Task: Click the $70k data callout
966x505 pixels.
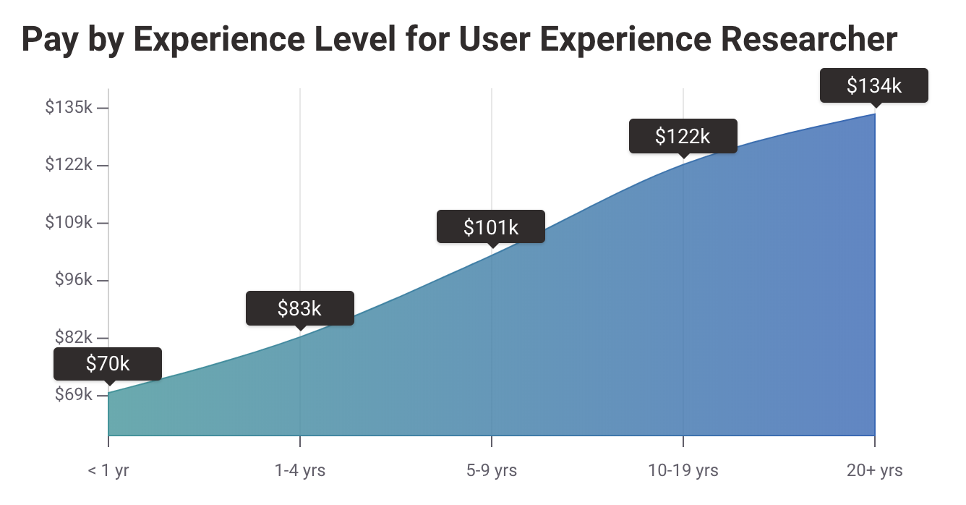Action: pyautogui.click(x=108, y=363)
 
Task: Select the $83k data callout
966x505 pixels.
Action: pyautogui.click(x=299, y=308)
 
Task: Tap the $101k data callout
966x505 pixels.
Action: pyautogui.click(x=491, y=227)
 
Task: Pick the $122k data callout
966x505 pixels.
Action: pyautogui.click(x=683, y=136)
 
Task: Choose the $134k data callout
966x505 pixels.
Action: pyautogui.click(x=874, y=85)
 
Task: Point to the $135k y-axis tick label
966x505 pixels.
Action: pyautogui.click(x=68, y=108)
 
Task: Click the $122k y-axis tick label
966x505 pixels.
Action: pyautogui.click(x=68, y=165)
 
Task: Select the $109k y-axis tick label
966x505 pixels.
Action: pyautogui.click(x=68, y=222)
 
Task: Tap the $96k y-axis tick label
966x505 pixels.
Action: pyautogui.click(x=73, y=280)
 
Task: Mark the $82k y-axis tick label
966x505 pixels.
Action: pyautogui.click(x=73, y=337)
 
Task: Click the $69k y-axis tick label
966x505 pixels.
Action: pyautogui.click(x=73, y=395)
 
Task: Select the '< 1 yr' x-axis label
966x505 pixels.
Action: pyautogui.click(x=108, y=471)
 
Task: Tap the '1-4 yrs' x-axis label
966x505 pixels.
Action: pyautogui.click(x=299, y=471)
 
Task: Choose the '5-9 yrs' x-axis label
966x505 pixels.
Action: pyautogui.click(x=492, y=471)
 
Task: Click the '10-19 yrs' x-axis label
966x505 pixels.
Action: pyautogui.click(x=683, y=471)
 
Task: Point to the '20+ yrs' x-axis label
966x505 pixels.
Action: pyautogui.click(x=875, y=471)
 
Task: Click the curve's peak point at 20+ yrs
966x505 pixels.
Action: pyautogui.click(x=875, y=114)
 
